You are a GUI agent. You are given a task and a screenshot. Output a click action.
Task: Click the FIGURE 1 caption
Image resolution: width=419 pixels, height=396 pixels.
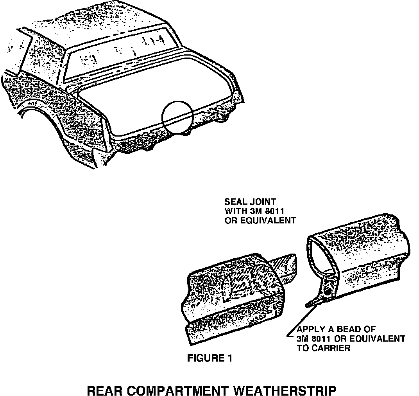point(209,358)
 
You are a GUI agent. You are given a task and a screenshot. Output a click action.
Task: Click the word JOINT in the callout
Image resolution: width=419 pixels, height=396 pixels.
point(264,202)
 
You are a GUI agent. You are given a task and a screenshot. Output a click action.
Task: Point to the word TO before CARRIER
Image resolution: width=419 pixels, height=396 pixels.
point(303,348)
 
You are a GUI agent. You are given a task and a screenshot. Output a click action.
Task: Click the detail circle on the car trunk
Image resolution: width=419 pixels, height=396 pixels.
point(178,116)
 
